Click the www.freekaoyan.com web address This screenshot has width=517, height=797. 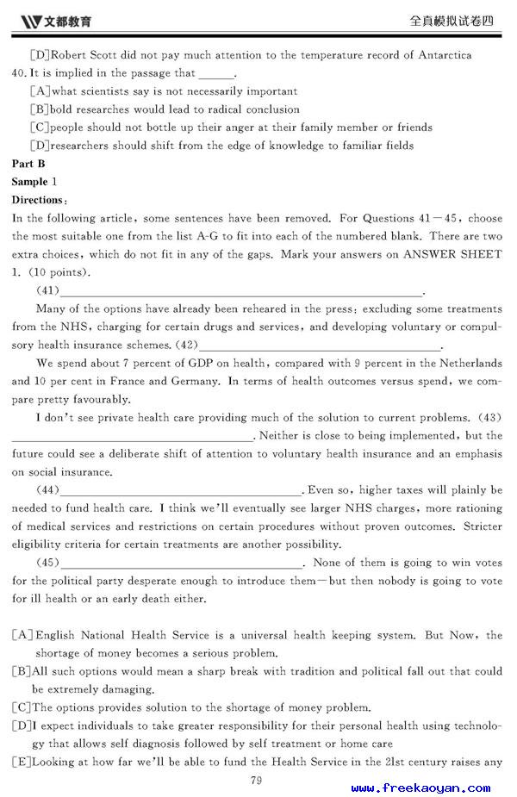pos(420,788)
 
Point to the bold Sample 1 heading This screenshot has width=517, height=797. pos(34,182)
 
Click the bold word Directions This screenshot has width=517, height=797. pos(37,200)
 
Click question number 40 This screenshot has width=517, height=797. pos(20,73)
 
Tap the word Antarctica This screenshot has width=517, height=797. pos(442,55)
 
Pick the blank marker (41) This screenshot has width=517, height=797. pos(48,290)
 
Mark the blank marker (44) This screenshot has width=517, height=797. pos(48,490)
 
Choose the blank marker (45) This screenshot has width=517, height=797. pos(48,563)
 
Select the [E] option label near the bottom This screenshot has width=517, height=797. pos(22,762)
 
